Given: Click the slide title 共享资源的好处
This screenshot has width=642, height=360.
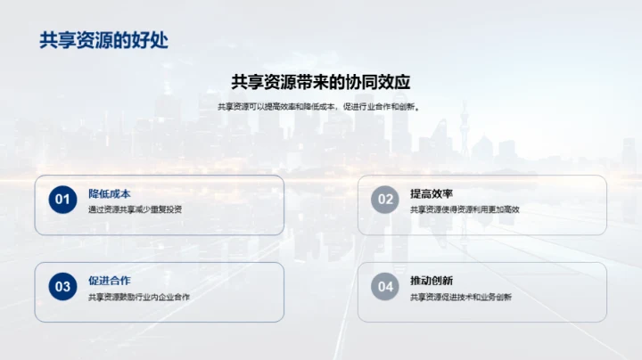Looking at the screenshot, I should pyautogui.click(x=103, y=41).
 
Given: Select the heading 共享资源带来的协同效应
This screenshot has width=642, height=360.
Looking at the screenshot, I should pyautogui.click(x=320, y=82).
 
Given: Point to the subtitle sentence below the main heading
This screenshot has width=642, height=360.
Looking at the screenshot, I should pyautogui.click(x=320, y=107).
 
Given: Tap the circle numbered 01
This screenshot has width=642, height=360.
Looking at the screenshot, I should pyautogui.click(x=62, y=200).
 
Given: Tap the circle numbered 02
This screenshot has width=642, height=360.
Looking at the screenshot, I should pyautogui.click(x=385, y=200).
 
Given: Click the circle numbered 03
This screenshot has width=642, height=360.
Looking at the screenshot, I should pyautogui.click(x=62, y=287).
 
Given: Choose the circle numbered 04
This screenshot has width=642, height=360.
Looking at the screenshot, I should pyautogui.click(x=385, y=287).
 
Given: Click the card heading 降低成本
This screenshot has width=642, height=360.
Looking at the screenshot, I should pyautogui.click(x=110, y=193).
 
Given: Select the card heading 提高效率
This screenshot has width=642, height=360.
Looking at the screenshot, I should pyautogui.click(x=432, y=193).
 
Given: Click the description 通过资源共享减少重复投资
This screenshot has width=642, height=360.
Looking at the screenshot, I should pyautogui.click(x=135, y=209).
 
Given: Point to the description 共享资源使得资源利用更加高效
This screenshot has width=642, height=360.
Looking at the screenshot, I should pyautogui.click(x=465, y=209).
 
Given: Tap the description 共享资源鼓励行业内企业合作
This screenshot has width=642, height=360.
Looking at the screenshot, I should pyautogui.click(x=139, y=297).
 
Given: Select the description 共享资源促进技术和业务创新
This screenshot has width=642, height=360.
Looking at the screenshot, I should pyautogui.click(x=461, y=297).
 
